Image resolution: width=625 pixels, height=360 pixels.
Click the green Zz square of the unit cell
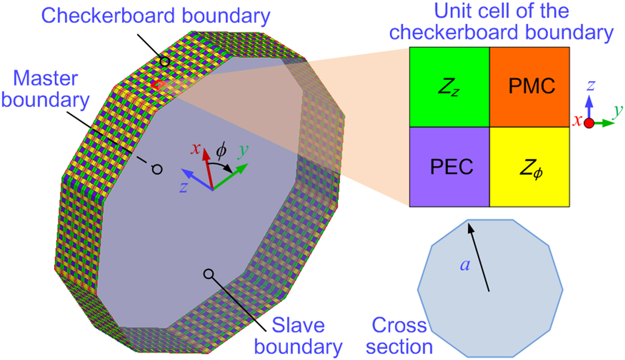click(450, 87)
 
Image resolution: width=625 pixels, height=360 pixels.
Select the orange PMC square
click(529, 87)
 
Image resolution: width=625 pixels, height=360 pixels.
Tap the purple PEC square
click(450, 167)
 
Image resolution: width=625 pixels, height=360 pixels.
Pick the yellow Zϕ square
click(529, 167)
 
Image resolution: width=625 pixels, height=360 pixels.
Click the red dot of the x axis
click(590, 124)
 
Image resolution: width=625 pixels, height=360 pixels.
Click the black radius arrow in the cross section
click(479, 257)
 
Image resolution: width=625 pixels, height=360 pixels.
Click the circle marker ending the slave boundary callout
click(208, 274)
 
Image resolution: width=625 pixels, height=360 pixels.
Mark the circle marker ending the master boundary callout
click(157, 169)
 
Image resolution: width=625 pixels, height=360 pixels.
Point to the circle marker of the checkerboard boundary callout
click(165, 62)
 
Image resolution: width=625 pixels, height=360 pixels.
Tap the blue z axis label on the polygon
click(183, 187)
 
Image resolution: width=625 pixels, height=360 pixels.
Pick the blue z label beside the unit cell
click(590, 85)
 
